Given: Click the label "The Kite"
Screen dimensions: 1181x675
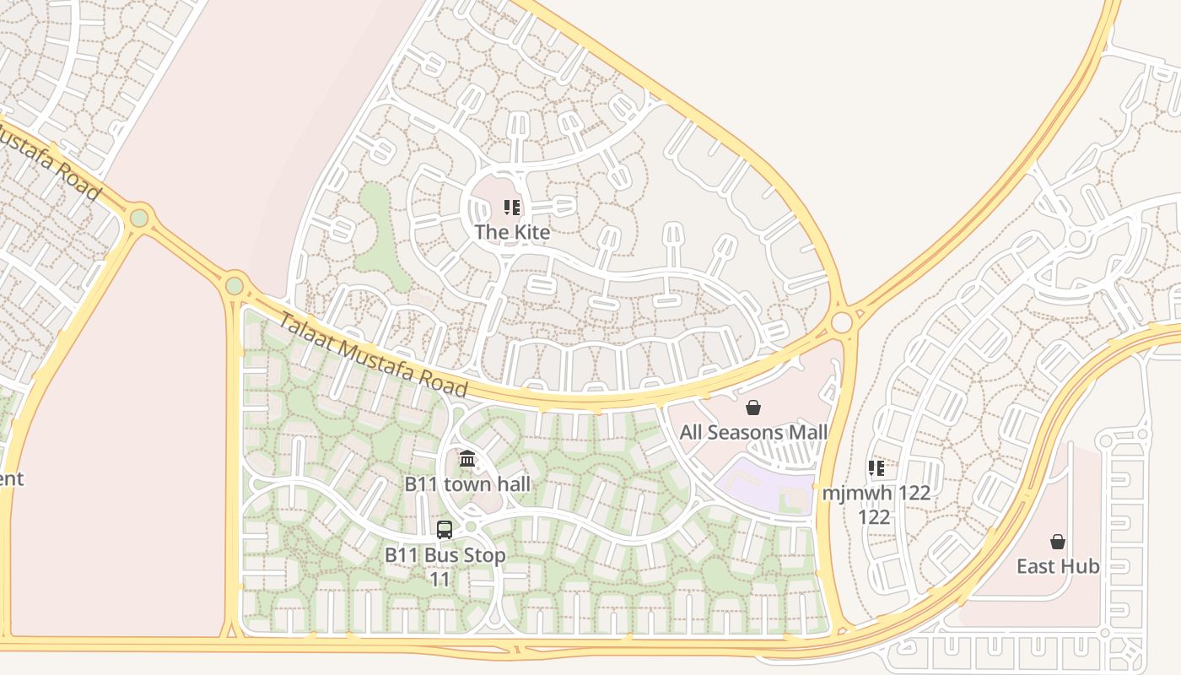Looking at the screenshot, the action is point(512,232).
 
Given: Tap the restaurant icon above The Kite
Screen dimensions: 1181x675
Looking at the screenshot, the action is point(511,208).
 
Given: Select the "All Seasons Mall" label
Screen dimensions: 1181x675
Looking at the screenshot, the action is point(753,433).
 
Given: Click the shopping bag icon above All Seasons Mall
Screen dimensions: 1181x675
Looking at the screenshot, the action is point(753,408).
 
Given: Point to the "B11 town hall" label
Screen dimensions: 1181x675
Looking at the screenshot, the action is point(467,484).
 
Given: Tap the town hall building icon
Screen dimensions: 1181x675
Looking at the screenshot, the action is point(467,459).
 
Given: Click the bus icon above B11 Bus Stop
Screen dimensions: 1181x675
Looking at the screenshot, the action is point(445,530).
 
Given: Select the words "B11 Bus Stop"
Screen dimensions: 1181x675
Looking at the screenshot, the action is point(445,555).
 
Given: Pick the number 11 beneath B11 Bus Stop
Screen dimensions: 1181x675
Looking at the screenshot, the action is point(440,580).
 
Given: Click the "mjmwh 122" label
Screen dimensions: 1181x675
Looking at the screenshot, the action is point(876,493).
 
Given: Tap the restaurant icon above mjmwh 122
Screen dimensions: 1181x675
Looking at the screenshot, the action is point(876,467).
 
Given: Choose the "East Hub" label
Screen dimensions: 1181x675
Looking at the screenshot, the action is point(1058,566).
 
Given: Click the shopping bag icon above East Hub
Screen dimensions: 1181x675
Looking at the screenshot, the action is point(1058,542).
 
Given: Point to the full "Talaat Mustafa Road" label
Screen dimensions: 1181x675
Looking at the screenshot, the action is point(372,354).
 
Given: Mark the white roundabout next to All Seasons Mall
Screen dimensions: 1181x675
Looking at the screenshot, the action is point(842,322).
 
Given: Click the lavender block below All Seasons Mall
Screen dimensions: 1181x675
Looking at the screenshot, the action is point(763,486).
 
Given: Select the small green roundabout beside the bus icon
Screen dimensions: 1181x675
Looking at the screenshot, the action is point(471,526).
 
